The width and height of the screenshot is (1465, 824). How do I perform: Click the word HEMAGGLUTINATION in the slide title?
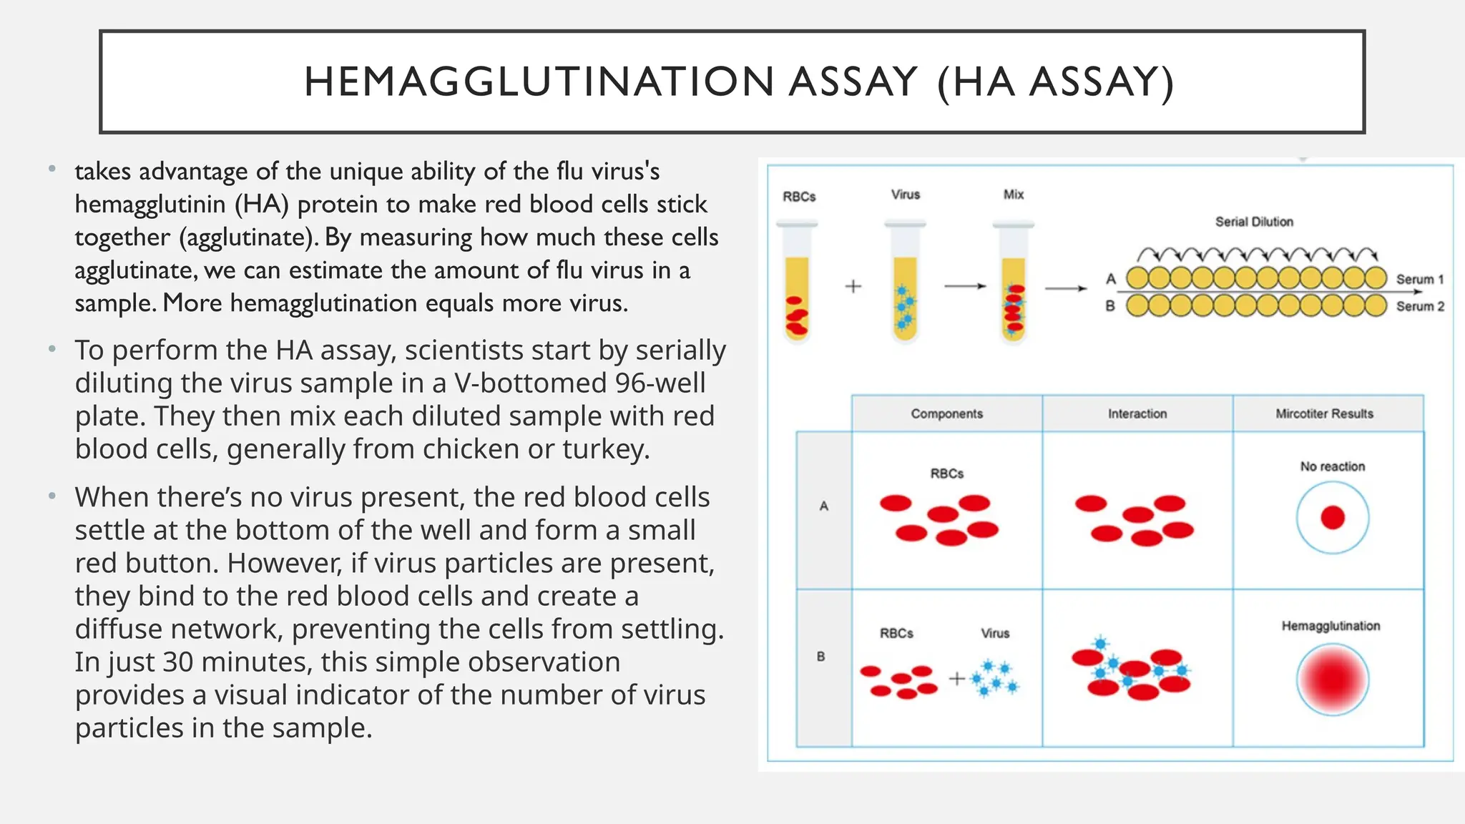[539, 82]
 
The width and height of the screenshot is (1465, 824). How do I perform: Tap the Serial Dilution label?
[1254, 222]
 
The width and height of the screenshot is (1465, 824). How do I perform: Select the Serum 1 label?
[1420, 279]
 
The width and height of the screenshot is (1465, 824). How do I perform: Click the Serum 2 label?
[1420, 306]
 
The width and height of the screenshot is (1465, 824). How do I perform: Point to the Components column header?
[946, 413]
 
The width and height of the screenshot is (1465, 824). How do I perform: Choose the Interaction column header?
[1137, 413]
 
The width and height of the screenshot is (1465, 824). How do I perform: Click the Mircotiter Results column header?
[1324, 413]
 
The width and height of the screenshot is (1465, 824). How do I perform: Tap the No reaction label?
[1332, 466]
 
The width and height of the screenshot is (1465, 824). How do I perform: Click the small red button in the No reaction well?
[1332, 517]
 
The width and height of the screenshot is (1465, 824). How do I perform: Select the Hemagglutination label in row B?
[1331, 626]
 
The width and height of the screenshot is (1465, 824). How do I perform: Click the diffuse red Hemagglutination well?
[1332, 680]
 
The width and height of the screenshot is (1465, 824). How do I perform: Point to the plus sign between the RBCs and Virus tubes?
[853, 287]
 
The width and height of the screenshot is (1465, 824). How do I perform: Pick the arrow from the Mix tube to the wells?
[1066, 288]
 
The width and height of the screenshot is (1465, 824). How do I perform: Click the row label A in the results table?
[823, 506]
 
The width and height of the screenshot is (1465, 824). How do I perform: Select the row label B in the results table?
[820, 656]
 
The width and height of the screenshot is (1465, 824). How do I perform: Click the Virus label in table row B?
[994, 633]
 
